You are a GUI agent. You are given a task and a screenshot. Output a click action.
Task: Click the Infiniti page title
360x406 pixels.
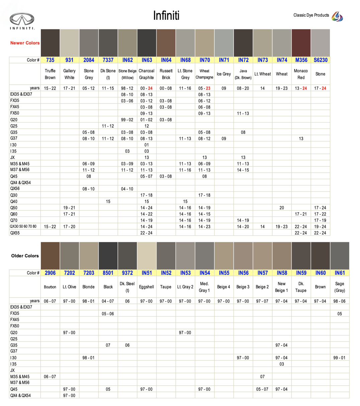tap(166, 15)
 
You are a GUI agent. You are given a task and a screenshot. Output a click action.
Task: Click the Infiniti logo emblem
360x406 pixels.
tap(22, 20)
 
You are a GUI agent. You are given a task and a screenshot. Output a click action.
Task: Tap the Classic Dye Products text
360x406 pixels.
tap(311, 15)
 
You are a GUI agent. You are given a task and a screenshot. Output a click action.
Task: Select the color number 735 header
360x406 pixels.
tap(50, 60)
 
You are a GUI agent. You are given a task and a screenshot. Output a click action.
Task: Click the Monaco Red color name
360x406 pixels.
tap(301, 74)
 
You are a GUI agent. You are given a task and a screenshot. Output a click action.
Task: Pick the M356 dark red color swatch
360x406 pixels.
tap(301, 43)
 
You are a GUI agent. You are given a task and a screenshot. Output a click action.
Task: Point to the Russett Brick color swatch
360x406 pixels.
tap(166, 43)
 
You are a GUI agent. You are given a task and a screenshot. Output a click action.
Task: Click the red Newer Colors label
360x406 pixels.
tap(25, 43)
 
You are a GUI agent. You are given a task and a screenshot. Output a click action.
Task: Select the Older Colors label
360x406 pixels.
tap(25, 256)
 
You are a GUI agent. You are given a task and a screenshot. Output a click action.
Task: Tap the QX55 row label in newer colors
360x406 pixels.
tap(15, 233)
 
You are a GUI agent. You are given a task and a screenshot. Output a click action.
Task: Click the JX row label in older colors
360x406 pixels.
tap(12, 370)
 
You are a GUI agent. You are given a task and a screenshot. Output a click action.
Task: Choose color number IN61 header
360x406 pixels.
tap(340, 273)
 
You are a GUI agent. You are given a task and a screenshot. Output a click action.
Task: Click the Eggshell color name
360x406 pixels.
tap(147, 287)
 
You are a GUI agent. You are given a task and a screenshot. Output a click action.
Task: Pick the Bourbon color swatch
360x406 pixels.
tap(50, 255)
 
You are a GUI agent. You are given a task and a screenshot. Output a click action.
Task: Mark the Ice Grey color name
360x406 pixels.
tap(224, 74)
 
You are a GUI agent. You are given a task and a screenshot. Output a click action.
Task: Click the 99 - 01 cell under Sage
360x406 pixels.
tap(340, 358)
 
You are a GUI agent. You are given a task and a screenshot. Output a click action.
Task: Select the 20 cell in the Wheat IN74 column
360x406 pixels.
tap(282, 208)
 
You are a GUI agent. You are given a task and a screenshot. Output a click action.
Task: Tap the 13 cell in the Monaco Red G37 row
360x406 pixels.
tap(301, 139)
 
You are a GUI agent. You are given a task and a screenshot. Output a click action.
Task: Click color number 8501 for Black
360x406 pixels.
tap(108, 273)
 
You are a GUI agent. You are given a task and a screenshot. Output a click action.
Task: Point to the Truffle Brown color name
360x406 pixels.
tap(50, 74)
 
